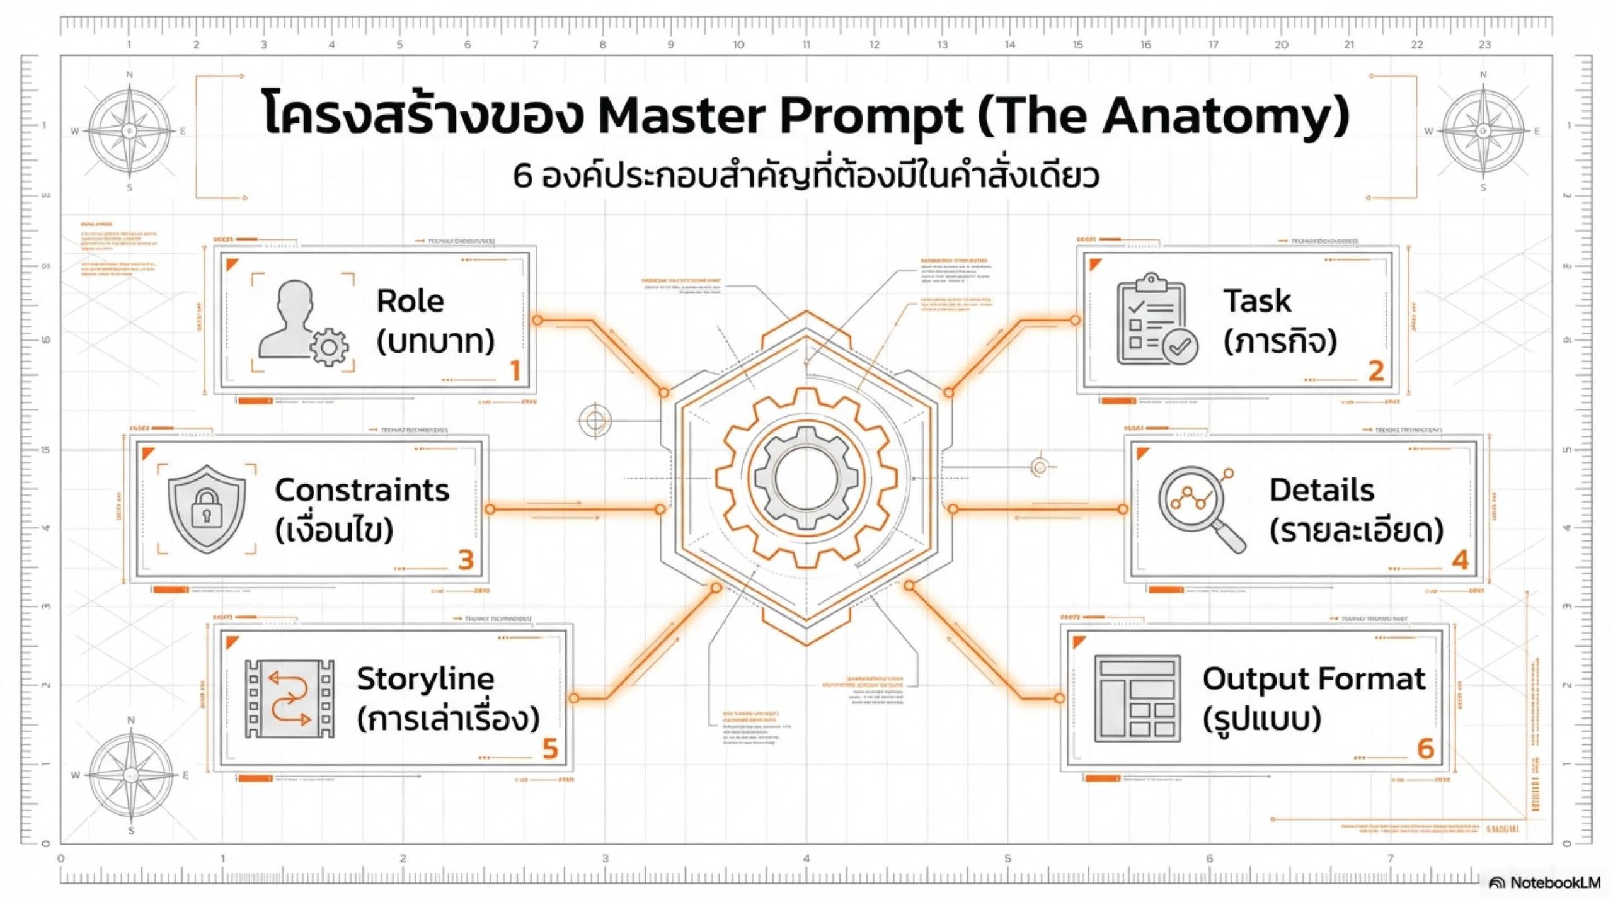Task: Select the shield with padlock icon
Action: pyautogui.click(x=207, y=508)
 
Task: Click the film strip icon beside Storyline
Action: pyautogui.click(x=289, y=698)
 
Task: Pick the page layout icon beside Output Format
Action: pyautogui.click(x=1137, y=698)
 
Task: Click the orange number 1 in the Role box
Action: pyautogui.click(x=515, y=370)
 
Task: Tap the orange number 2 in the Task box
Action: pyautogui.click(x=1375, y=370)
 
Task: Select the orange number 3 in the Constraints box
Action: pyautogui.click(x=466, y=560)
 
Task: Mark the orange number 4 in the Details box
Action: pyautogui.click(x=1460, y=560)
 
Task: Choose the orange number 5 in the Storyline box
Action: pyautogui.click(x=550, y=749)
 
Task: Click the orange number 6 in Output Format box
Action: pyautogui.click(x=1425, y=748)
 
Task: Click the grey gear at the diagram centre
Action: pyautogui.click(x=806, y=477)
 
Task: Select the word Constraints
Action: pyautogui.click(x=362, y=490)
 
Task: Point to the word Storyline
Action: pyautogui.click(x=425, y=678)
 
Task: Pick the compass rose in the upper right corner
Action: pyautogui.click(x=1483, y=131)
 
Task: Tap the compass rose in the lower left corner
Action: pyautogui.click(x=130, y=775)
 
